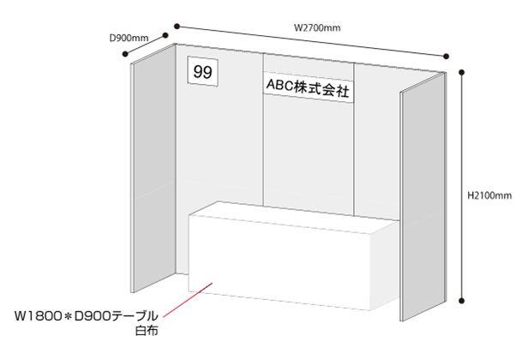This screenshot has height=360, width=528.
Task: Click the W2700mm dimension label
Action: pyautogui.click(x=317, y=27)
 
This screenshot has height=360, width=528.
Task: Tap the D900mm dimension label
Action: pyautogui.click(x=129, y=38)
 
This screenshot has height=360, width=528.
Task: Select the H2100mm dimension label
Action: pyautogui.click(x=489, y=195)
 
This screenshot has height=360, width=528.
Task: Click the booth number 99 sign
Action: pyautogui.click(x=202, y=71)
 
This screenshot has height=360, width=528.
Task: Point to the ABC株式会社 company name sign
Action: pyautogui.click(x=309, y=87)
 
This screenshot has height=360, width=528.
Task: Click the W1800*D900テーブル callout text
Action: pyautogui.click(x=87, y=316)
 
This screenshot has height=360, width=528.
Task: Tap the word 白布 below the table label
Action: pyautogui.click(x=147, y=331)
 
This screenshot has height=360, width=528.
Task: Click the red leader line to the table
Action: pyautogui.click(x=188, y=300)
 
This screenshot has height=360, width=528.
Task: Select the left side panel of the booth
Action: pyautogui.click(x=153, y=168)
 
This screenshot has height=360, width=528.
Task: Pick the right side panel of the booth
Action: pyautogui.click(x=423, y=197)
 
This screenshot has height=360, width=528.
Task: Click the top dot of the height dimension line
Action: pyautogui.click(x=462, y=72)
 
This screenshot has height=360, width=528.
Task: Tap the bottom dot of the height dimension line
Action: pyautogui.click(x=462, y=300)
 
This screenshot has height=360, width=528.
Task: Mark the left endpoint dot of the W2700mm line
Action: pyautogui.click(x=177, y=27)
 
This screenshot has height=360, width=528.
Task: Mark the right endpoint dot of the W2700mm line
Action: pyautogui.click(x=447, y=57)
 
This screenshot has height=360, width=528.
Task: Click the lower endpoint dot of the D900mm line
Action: pyautogui.click(x=125, y=53)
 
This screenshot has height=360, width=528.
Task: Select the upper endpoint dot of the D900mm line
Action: pyautogui.click(x=165, y=35)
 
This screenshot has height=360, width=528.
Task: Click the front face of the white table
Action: pyautogui.click(x=279, y=262)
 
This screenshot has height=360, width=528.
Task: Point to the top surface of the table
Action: pyautogui.click(x=294, y=217)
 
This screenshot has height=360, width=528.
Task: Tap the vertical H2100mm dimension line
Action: pyautogui.click(x=462, y=186)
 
